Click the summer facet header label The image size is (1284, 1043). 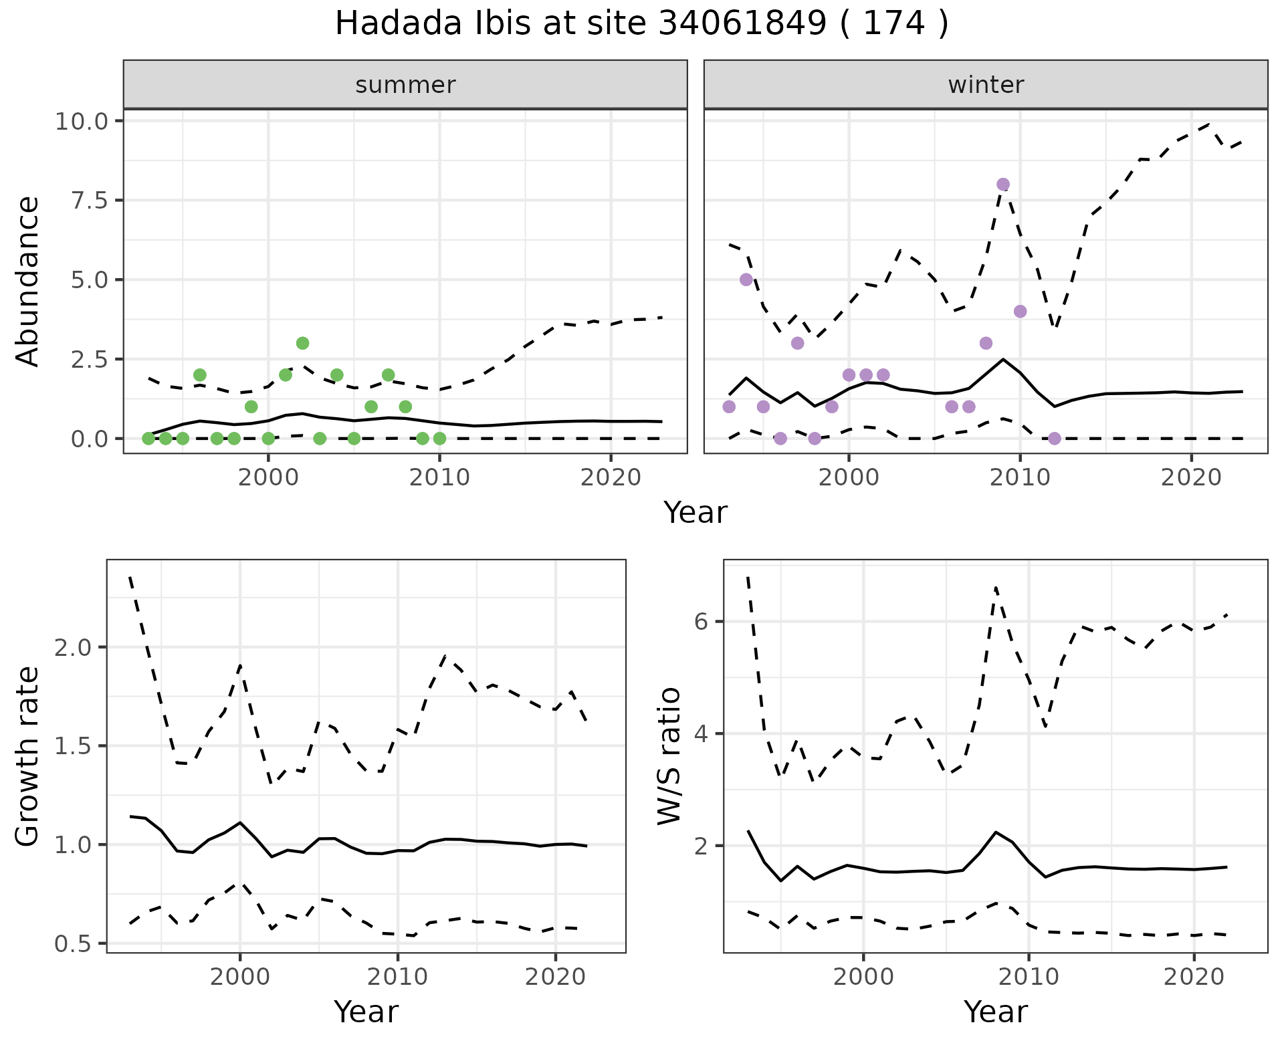point(405,85)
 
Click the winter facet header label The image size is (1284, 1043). point(986,85)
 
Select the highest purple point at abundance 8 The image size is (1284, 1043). point(1002,185)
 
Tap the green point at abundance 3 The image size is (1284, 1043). point(302,343)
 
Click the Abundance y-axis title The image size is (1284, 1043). point(28,281)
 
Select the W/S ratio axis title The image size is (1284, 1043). point(669,756)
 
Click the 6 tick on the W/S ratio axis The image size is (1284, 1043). point(701,622)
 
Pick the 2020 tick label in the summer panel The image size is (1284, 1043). point(611,478)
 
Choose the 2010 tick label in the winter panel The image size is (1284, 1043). point(1020,478)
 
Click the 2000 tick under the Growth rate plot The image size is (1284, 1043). point(240,977)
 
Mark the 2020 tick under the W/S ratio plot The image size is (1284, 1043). point(1194,977)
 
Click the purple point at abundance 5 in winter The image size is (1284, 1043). point(746,279)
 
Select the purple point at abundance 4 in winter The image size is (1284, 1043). point(1020,311)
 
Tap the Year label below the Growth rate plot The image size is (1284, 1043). point(366,1012)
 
